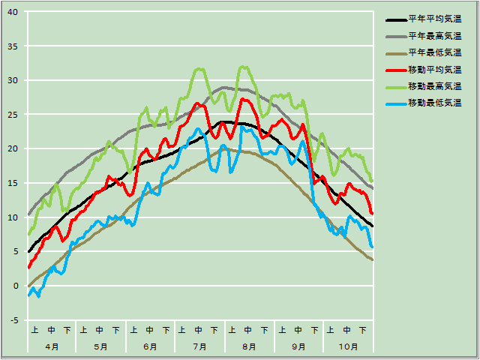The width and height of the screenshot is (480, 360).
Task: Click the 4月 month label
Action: [x=52, y=346]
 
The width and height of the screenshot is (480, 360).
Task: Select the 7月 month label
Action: [x=199, y=346]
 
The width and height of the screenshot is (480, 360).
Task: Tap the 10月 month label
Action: [x=348, y=346]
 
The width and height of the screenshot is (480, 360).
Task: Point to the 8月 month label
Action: [x=249, y=346]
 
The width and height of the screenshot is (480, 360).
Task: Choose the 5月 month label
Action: [x=101, y=346]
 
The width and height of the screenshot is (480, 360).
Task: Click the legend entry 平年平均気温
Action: [x=434, y=19]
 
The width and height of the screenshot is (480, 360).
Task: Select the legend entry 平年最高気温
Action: [x=434, y=36]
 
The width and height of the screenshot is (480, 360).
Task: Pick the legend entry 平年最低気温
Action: [x=434, y=52]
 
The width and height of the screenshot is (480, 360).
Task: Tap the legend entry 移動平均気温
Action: [x=434, y=70]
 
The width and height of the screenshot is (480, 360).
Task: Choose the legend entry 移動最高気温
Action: [x=434, y=86]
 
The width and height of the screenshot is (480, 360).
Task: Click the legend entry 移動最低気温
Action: [x=434, y=103]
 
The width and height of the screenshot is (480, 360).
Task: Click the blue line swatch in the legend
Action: [x=395, y=103]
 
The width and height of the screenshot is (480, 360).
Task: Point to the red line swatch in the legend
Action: [x=395, y=70]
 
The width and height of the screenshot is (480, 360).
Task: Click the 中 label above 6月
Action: [x=150, y=330]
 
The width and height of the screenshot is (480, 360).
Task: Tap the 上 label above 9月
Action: [x=281, y=330]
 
